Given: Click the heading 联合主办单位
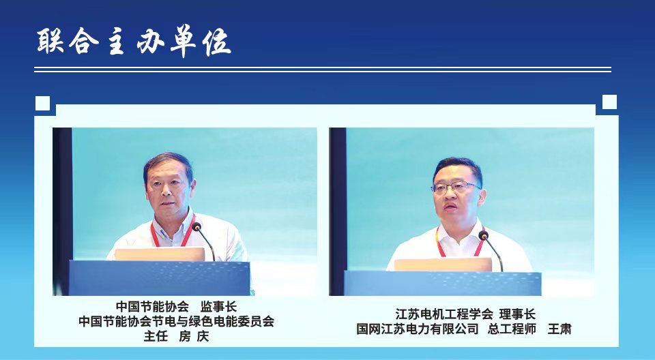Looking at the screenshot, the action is click(x=134, y=42).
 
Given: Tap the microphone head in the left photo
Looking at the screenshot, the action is click(x=196, y=227).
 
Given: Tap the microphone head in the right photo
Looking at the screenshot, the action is click(x=483, y=235).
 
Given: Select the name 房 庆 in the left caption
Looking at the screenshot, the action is click(x=194, y=336).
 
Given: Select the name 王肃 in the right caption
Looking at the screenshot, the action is click(x=559, y=329).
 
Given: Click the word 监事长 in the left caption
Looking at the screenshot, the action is click(x=218, y=307).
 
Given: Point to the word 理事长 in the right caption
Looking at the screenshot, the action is click(x=517, y=314).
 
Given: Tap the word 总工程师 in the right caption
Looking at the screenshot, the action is click(x=512, y=329).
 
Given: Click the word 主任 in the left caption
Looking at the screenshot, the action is click(x=156, y=336).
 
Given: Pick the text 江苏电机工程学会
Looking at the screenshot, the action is click(x=444, y=314).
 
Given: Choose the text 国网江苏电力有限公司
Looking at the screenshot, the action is click(x=418, y=329).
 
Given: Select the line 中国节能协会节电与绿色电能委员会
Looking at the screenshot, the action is click(x=176, y=322).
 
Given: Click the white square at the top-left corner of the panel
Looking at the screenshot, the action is click(x=42, y=103).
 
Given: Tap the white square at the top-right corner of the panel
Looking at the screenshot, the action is click(x=609, y=102).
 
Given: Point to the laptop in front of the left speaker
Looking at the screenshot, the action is click(x=160, y=254).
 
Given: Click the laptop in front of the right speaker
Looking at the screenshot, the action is click(x=443, y=265).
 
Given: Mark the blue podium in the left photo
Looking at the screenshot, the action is click(x=160, y=278).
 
